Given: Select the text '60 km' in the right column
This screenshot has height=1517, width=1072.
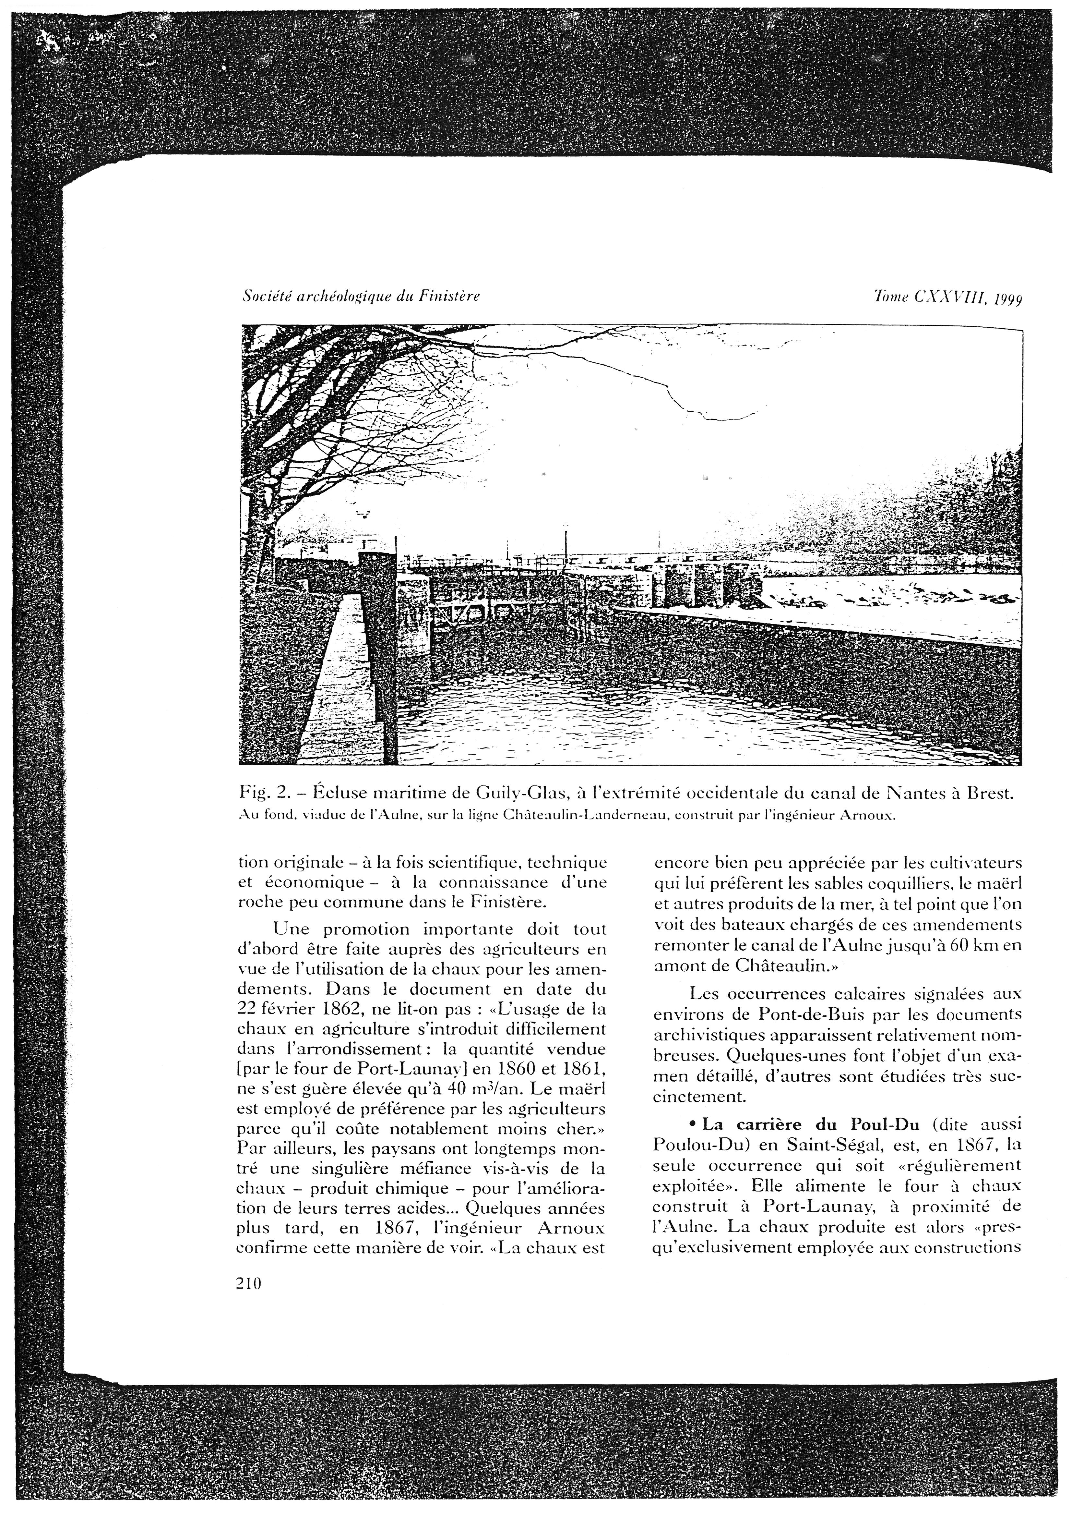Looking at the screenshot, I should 970,945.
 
